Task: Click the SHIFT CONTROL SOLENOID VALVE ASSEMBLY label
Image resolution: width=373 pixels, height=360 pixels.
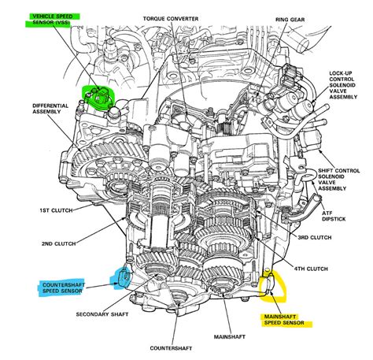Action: [343, 180]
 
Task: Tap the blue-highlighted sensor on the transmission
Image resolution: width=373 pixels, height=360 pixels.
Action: [122, 276]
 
